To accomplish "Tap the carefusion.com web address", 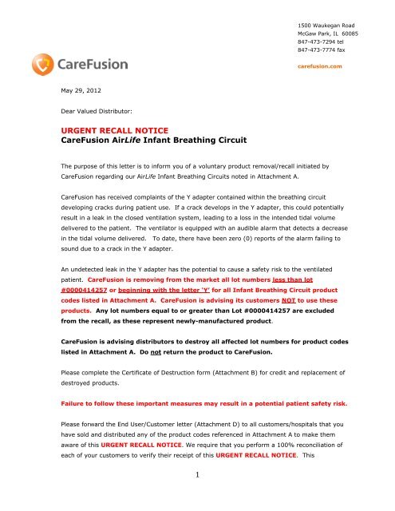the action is pyautogui.click(x=321, y=66).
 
